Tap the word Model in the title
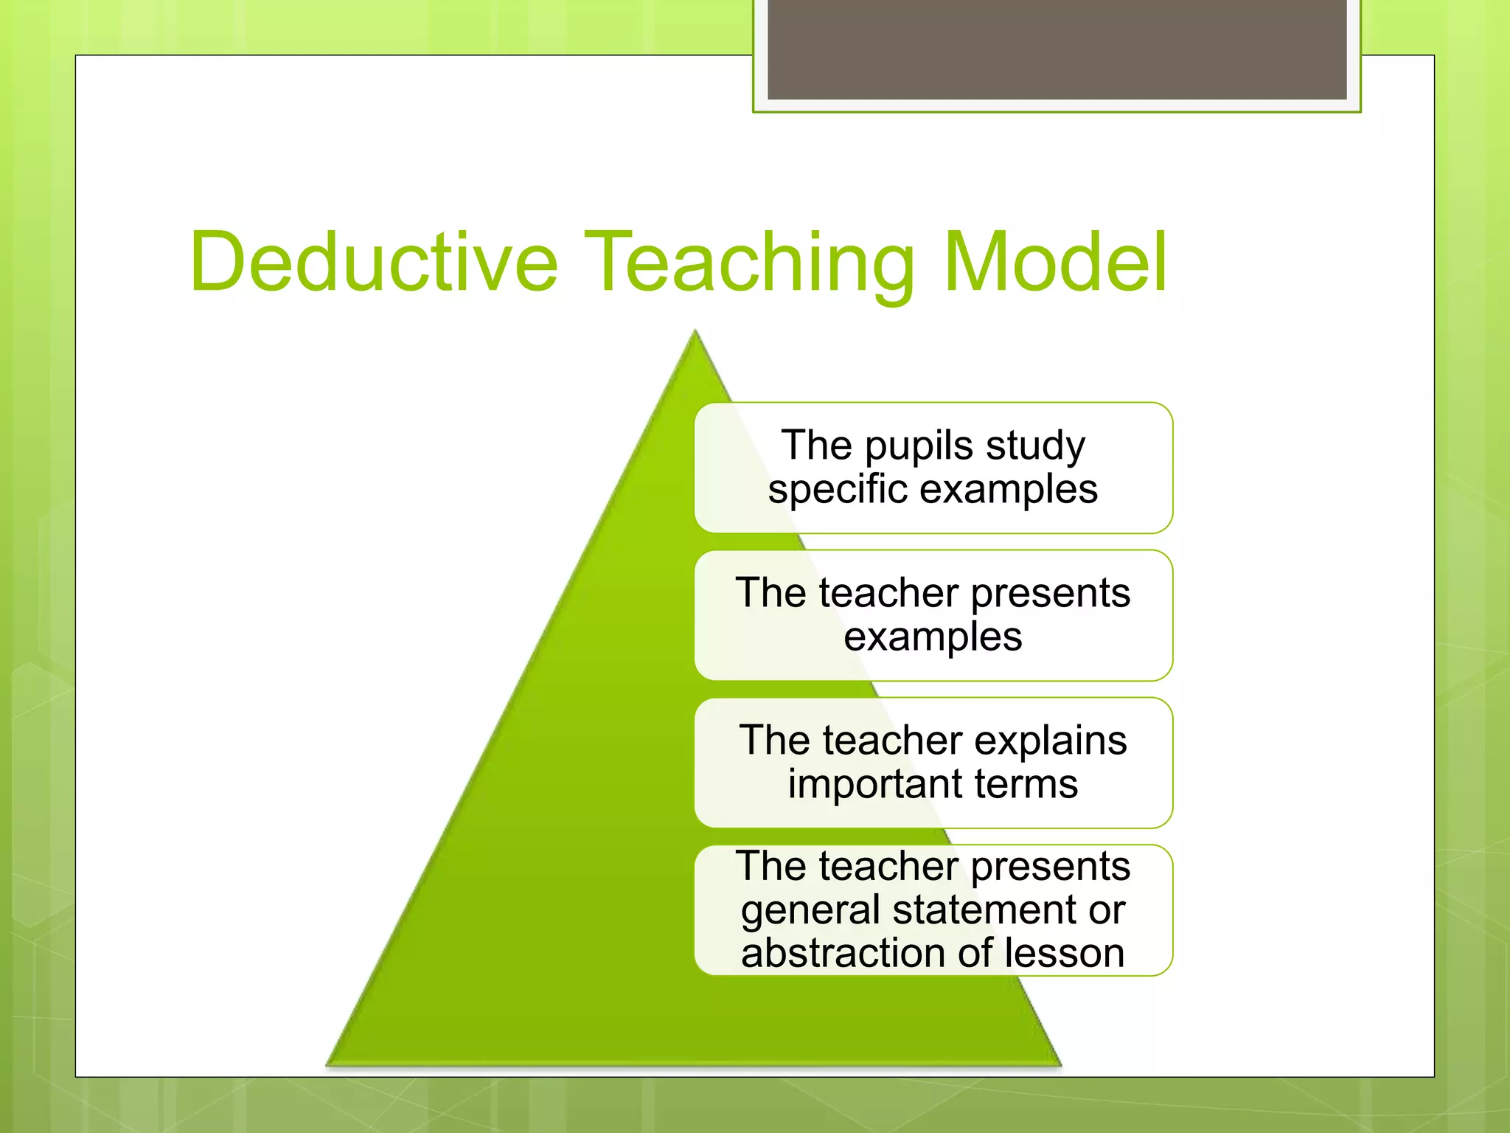click(x=1056, y=263)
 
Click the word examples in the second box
click(x=933, y=637)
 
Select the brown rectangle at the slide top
click(x=1057, y=49)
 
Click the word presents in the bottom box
click(x=1050, y=867)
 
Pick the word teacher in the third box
click(x=893, y=741)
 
